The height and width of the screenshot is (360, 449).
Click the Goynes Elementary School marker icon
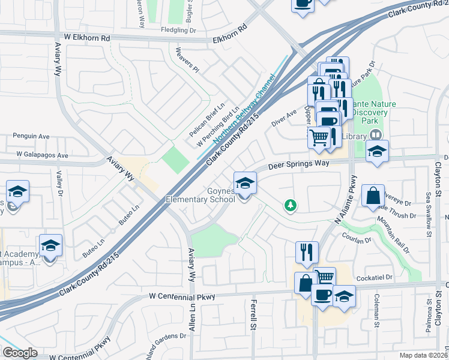(245, 184)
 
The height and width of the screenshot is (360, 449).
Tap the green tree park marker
(291, 206)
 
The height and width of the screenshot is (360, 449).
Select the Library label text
(355, 137)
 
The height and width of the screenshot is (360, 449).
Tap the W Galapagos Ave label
(43, 155)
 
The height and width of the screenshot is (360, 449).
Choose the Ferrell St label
(254, 314)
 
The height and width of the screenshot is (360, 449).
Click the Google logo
(20, 353)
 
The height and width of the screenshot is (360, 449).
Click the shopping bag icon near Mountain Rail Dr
(373, 195)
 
